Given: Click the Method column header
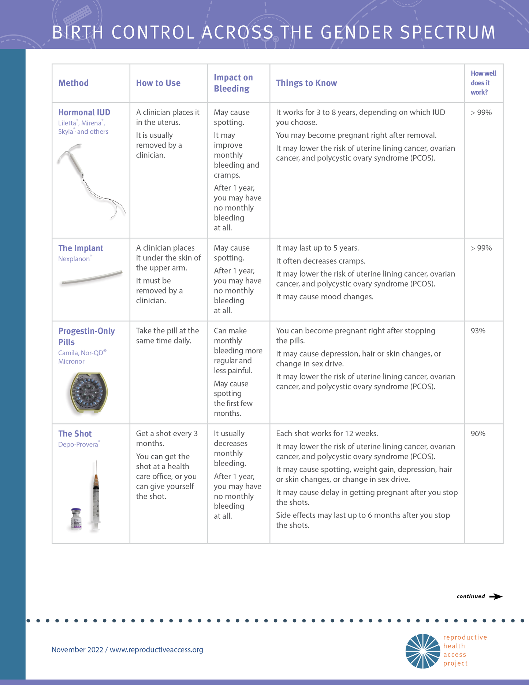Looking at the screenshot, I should click(x=74, y=83).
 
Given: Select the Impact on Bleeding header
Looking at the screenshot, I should click(x=233, y=83).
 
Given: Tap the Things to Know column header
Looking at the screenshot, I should click(x=306, y=83).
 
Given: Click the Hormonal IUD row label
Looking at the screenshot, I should click(x=84, y=112).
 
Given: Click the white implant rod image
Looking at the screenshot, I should click(x=92, y=278).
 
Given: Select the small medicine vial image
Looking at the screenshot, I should click(x=76, y=519).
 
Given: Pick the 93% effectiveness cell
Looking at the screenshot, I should click(x=478, y=331).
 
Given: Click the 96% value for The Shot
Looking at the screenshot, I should click(x=478, y=434).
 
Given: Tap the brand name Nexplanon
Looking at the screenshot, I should click(x=74, y=259).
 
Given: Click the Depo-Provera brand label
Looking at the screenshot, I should click(x=78, y=445).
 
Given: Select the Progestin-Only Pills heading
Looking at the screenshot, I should click(x=86, y=336).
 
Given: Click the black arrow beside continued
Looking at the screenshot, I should click(x=496, y=597).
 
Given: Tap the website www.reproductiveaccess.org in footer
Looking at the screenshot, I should click(x=156, y=650).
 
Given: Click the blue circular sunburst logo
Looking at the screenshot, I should click(x=422, y=651).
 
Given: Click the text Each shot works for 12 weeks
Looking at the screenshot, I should click(x=327, y=434).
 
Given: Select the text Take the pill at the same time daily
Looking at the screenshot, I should click(x=167, y=336).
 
